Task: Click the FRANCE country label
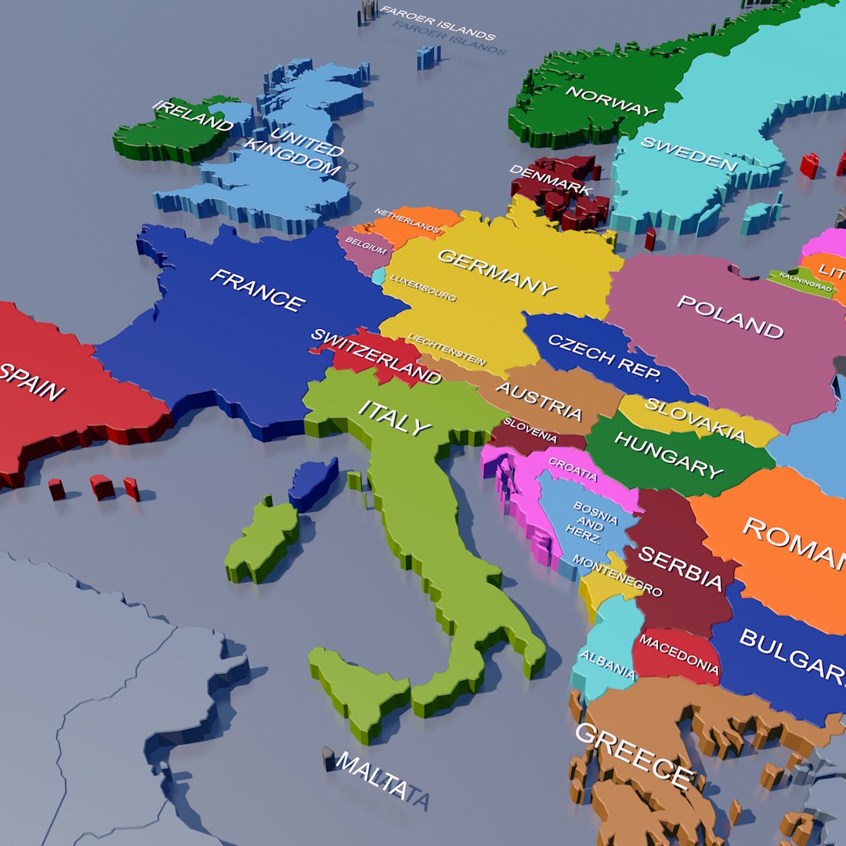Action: point(257,290)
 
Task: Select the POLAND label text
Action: point(730,316)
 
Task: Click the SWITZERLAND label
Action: point(376,356)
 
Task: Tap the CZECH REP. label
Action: point(604,357)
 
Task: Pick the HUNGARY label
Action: point(668,454)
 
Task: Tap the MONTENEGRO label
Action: point(617,575)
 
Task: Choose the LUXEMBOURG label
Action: point(423,287)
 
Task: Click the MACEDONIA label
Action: point(678,655)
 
